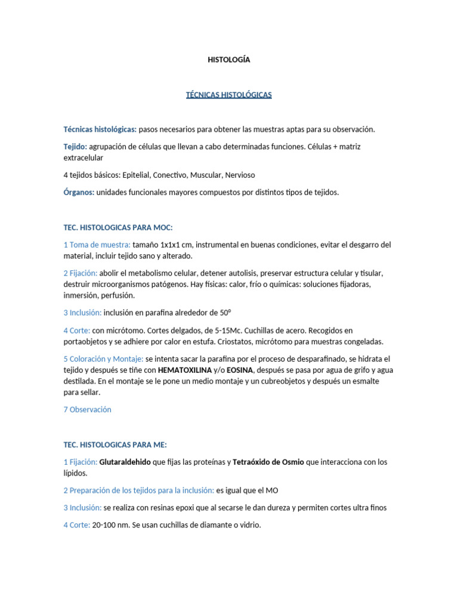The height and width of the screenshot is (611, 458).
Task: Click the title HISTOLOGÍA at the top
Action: click(229, 60)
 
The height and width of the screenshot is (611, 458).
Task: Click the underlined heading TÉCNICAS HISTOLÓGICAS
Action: click(229, 95)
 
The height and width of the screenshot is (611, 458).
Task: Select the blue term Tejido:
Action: click(75, 147)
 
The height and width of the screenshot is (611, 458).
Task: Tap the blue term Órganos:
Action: click(79, 192)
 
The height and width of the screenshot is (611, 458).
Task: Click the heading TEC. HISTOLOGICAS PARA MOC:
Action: click(117, 227)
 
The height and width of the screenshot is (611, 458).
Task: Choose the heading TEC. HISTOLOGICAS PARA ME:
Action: click(115, 445)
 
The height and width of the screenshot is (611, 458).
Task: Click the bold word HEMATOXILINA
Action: click(185, 370)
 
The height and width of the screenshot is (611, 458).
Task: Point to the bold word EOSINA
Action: click(243, 370)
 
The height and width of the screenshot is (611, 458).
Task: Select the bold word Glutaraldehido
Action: click(125, 462)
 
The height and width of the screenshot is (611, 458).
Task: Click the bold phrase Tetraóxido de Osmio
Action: click(269, 462)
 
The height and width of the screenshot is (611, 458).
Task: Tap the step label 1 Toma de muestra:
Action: click(97, 245)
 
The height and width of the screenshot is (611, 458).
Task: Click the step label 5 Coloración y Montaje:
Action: click(103, 359)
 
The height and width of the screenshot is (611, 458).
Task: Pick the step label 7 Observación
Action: click(87, 409)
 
